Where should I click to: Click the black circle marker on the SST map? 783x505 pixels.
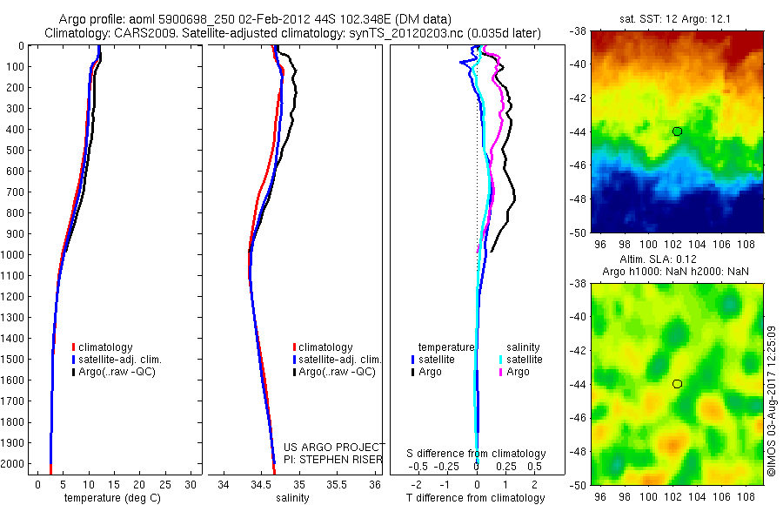click(x=677, y=131)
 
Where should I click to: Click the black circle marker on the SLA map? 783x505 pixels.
click(x=677, y=384)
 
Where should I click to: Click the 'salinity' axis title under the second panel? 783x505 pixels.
click(x=292, y=499)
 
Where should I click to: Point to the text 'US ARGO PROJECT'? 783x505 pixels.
click(x=334, y=447)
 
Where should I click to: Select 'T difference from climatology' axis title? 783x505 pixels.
click(x=477, y=499)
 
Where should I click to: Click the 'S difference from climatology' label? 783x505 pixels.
click(x=477, y=454)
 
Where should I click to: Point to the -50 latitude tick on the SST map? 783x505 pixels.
click(x=579, y=232)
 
